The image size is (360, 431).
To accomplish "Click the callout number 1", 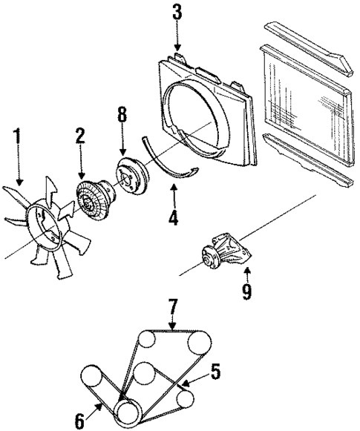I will click(x=17, y=139).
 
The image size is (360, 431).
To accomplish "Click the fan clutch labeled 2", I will click(x=94, y=198).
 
